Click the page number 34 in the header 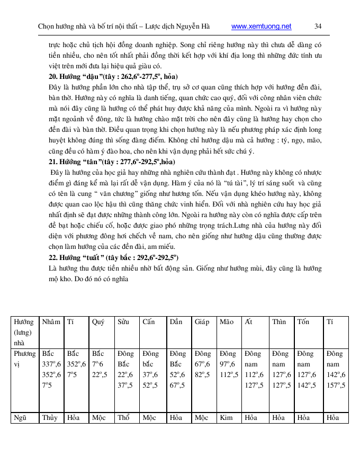(x=318, y=26)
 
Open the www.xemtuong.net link (x=262, y=26)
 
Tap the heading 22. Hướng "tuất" (x=114, y=257)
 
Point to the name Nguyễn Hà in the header (x=195, y=26)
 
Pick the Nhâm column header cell (x=51, y=322)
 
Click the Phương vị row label (x=25, y=359)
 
